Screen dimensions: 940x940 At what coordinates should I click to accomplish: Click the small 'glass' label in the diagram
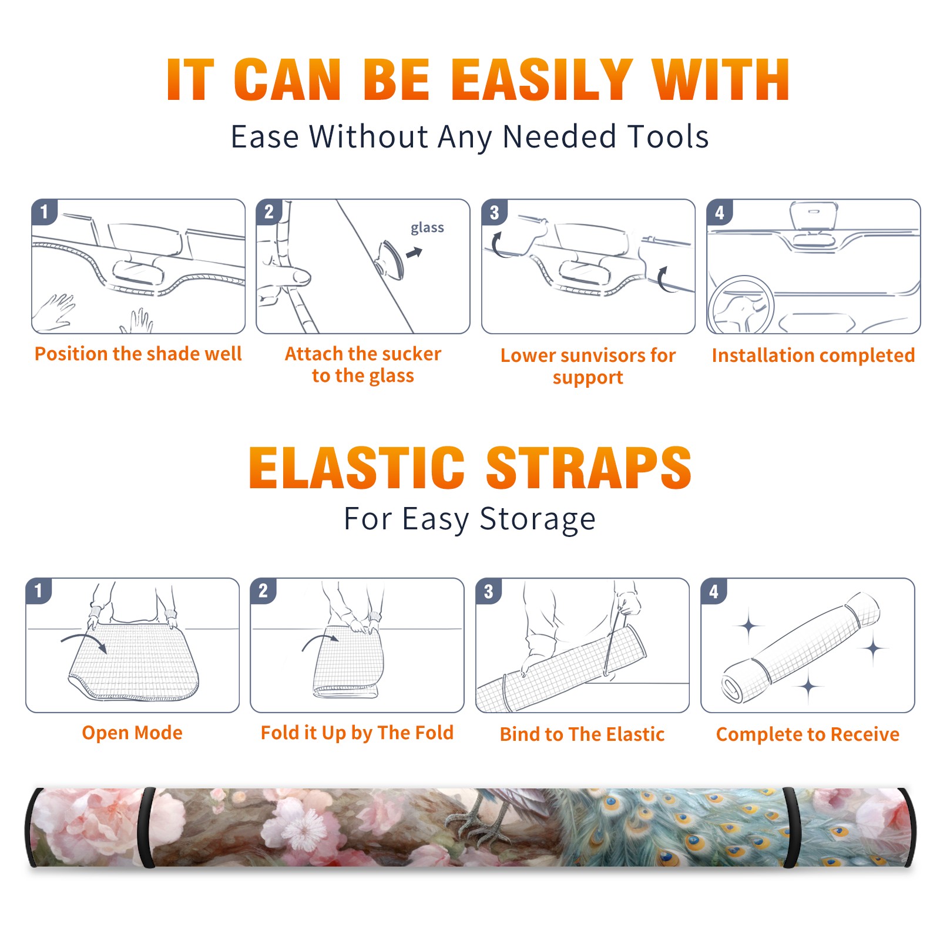pyautogui.click(x=427, y=228)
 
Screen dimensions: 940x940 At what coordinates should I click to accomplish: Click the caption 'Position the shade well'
pyautogui.click(x=138, y=354)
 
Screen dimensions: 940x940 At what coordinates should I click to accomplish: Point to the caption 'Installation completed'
pyautogui.click(x=813, y=355)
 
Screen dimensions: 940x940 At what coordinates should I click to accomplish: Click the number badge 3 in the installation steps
pyautogui.click(x=494, y=212)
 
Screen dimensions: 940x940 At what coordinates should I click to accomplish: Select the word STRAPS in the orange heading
pyautogui.click(x=589, y=468)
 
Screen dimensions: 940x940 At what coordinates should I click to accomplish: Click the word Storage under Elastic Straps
pyautogui.click(x=538, y=519)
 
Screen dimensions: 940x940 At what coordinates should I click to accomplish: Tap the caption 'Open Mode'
pyautogui.click(x=132, y=733)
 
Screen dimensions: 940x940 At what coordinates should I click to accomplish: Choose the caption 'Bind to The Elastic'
pyautogui.click(x=582, y=734)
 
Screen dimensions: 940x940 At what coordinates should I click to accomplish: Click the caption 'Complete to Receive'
pyautogui.click(x=808, y=734)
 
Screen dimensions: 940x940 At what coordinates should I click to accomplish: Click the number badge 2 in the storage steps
pyautogui.click(x=263, y=591)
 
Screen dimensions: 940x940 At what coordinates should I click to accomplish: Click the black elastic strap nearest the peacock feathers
pyautogui.click(x=791, y=827)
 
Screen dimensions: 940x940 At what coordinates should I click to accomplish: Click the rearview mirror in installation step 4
pyautogui.click(x=813, y=216)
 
